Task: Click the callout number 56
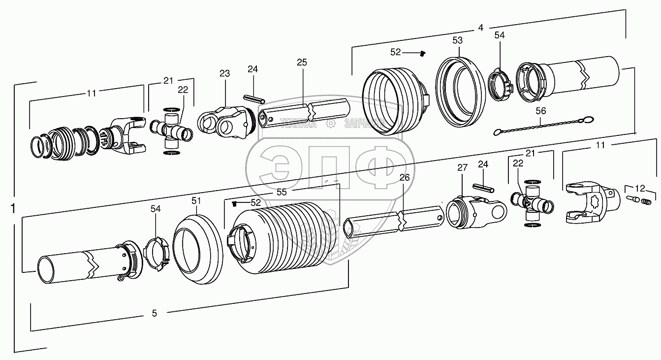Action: [541, 111]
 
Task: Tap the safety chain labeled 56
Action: [541, 126]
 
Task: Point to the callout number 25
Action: [302, 62]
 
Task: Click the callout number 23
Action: [224, 74]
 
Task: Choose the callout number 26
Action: [404, 177]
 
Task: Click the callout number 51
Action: [196, 200]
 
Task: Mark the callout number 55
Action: [282, 189]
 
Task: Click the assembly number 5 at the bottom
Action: [154, 314]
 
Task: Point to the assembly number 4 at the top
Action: [480, 28]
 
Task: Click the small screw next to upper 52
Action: [422, 53]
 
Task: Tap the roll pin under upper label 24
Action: [254, 99]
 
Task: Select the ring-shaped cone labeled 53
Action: [458, 89]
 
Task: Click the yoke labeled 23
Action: [224, 121]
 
